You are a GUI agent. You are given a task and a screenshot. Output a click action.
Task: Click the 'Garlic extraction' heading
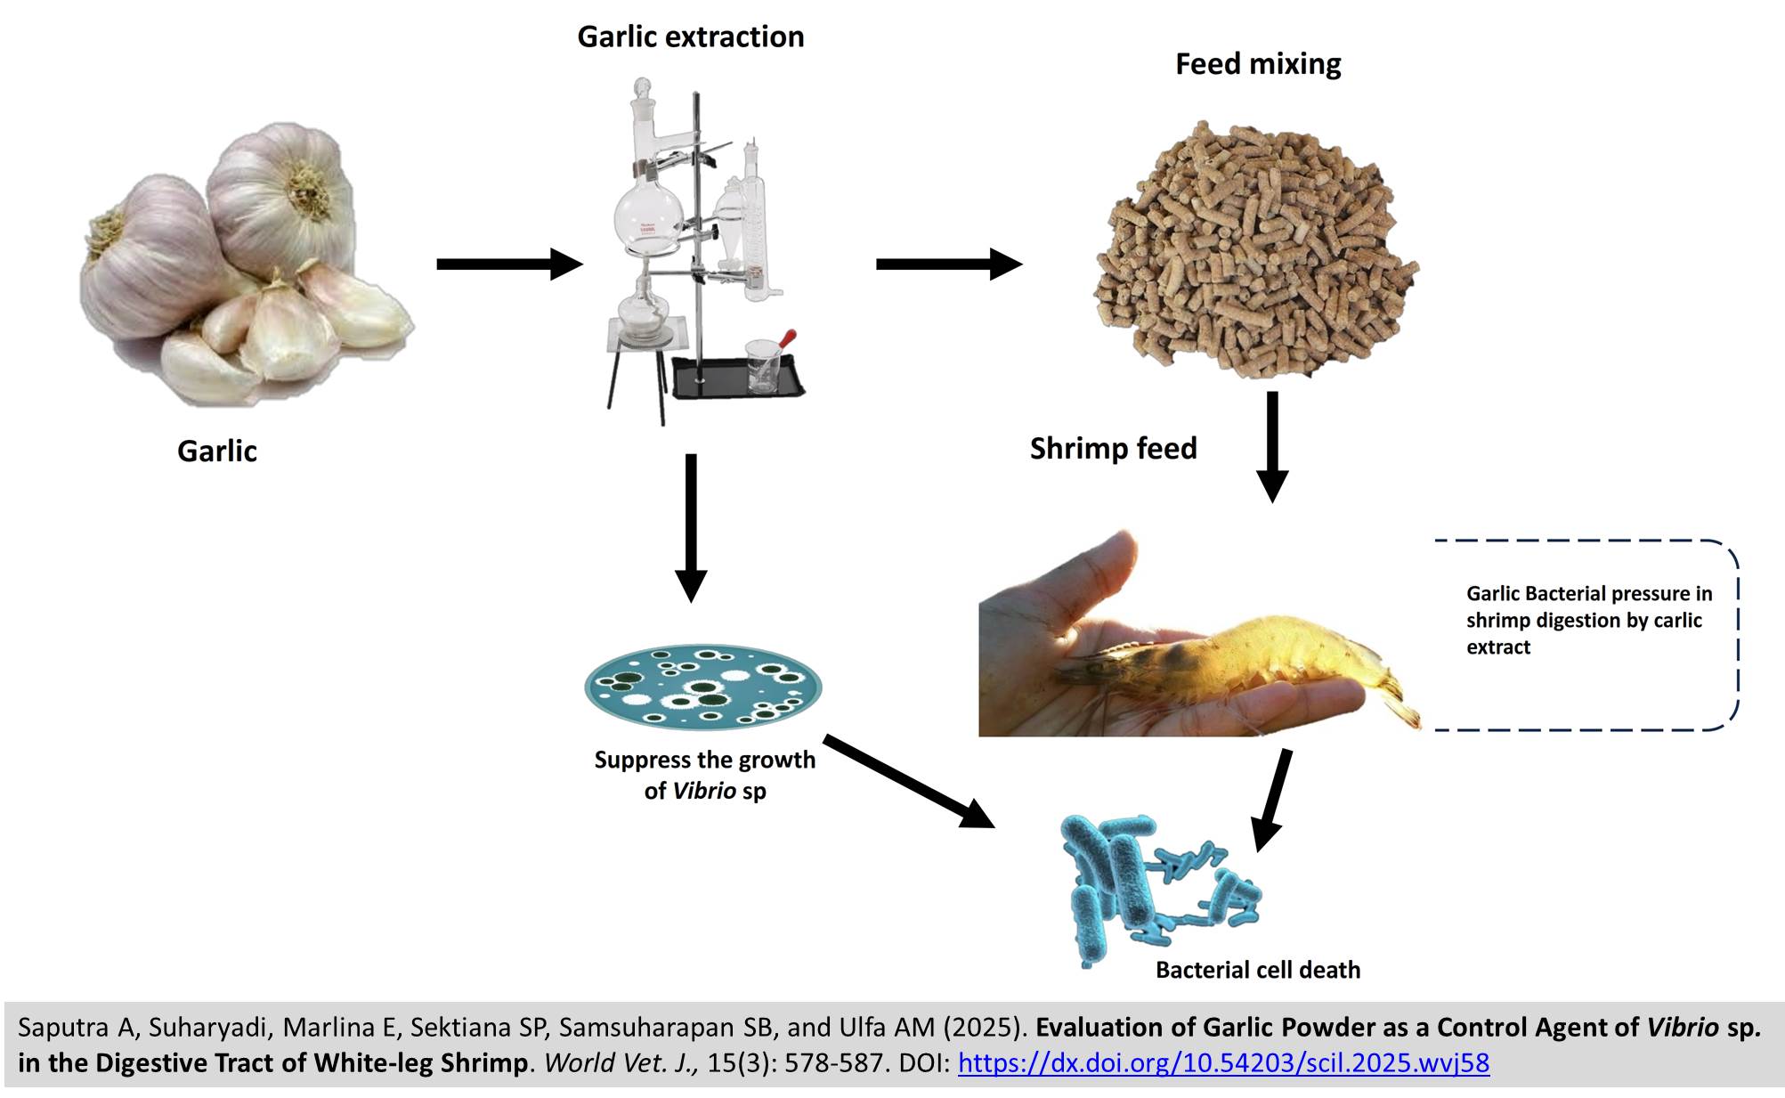click(690, 37)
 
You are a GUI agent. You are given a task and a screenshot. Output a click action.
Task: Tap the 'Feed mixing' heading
click(1257, 64)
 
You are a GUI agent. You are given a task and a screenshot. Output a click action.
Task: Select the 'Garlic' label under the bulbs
click(216, 451)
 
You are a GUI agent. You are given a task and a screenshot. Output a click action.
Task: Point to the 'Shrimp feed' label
click(1113, 448)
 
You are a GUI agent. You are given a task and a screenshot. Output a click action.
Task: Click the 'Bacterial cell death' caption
click(1257, 970)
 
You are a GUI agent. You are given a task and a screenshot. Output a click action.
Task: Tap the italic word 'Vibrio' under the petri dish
click(703, 791)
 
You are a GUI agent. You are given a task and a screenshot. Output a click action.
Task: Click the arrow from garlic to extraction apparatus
click(507, 264)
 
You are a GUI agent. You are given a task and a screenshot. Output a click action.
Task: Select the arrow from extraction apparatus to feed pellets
click(948, 264)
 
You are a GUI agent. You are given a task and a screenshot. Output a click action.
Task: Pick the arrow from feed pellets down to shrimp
click(1272, 445)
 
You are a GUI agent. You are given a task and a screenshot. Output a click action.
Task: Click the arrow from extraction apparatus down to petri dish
click(691, 525)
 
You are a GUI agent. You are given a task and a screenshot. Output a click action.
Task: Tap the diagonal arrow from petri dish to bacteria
click(908, 782)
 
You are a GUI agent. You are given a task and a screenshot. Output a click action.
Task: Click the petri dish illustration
click(702, 687)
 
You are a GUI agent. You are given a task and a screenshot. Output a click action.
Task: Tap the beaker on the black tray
click(763, 365)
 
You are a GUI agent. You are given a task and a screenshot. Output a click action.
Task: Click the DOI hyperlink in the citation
click(1223, 1062)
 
